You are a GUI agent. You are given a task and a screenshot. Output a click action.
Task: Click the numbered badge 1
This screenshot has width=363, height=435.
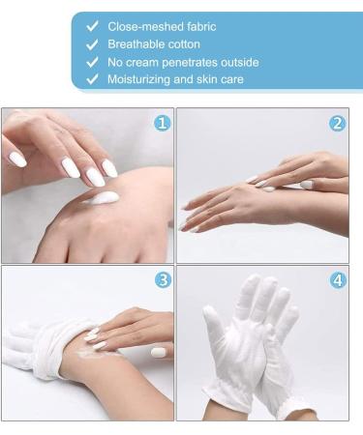click(163, 123)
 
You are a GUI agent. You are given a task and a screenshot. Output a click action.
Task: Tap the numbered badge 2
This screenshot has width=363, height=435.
click(337, 123)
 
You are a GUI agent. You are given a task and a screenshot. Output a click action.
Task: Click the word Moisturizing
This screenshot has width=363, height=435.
click(142, 79)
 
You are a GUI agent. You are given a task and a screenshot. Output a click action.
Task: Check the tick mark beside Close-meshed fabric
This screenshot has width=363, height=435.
click(92, 27)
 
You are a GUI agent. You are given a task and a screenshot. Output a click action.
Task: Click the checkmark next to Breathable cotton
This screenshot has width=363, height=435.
click(92, 44)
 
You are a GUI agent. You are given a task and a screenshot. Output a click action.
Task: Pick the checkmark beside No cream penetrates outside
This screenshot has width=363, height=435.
click(92, 62)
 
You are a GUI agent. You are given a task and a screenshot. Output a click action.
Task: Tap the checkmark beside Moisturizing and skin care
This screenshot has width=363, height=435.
click(92, 79)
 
